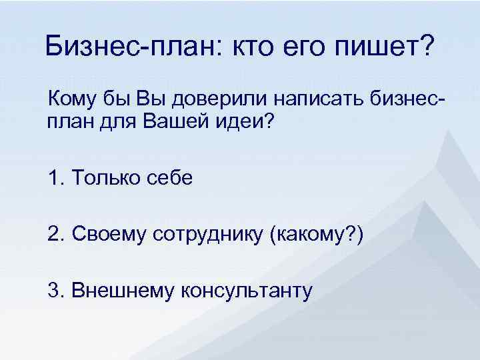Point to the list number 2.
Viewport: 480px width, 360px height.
coord(54,234)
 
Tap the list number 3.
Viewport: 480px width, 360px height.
coord(54,291)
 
